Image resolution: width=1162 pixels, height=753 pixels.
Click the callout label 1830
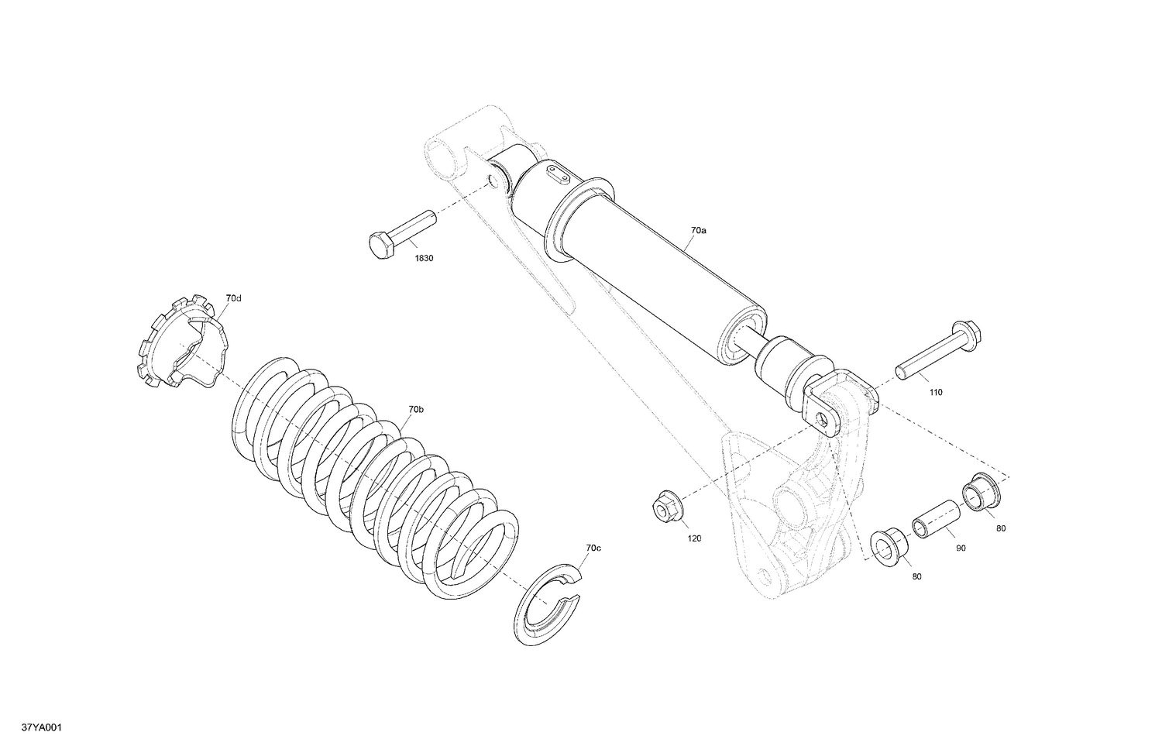click(x=424, y=258)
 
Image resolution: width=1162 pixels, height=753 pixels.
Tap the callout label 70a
click(x=699, y=231)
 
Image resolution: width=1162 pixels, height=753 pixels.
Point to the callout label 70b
click(x=416, y=409)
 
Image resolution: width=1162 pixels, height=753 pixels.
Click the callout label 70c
click(x=593, y=548)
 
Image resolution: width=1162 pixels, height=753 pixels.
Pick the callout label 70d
click(x=233, y=297)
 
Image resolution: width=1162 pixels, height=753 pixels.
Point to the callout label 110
click(x=936, y=393)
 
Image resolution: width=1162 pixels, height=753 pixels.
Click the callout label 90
click(x=961, y=548)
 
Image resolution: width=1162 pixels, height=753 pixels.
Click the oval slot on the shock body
click(x=556, y=174)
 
